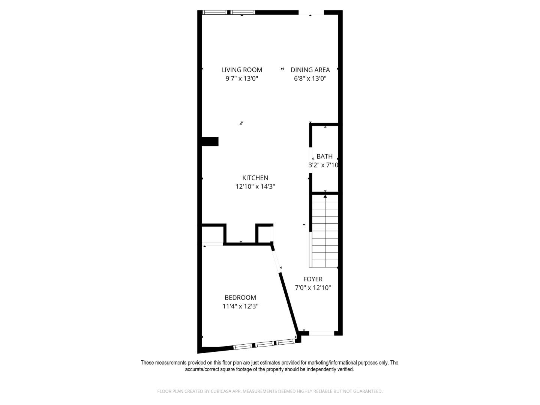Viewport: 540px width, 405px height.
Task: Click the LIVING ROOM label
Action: [x=241, y=70]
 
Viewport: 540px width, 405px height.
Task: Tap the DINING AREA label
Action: [x=310, y=70]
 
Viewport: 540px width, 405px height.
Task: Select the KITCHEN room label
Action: [x=255, y=178]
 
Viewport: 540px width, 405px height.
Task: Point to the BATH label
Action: [x=324, y=156]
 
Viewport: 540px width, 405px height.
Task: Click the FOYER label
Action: [x=313, y=279]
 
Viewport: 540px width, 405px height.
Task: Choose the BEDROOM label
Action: [x=240, y=297]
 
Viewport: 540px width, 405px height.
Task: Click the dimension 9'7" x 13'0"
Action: [x=241, y=79]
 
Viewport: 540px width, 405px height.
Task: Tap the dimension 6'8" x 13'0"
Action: [x=310, y=79]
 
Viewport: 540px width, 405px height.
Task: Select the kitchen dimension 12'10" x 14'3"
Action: [x=255, y=187]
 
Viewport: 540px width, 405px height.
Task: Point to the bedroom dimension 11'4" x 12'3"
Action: [x=240, y=306]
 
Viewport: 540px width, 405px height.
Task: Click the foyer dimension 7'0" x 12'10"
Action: [x=313, y=288]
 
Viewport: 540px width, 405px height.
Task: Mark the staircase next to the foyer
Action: [x=325, y=232]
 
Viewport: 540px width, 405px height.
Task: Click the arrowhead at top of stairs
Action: [x=325, y=196]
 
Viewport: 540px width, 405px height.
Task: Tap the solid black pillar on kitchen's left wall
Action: [x=210, y=141]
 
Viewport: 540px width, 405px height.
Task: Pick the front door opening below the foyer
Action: [x=321, y=333]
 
